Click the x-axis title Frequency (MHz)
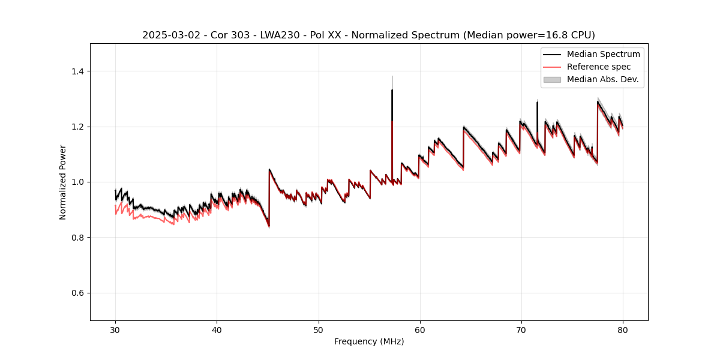pyautogui.click(x=369, y=341)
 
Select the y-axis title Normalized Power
pyautogui.click(x=62, y=182)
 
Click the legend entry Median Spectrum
pyautogui.click(x=603, y=54)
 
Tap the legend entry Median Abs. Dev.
pyautogui.click(x=602, y=79)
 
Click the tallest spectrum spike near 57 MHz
pyautogui.click(x=392, y=91)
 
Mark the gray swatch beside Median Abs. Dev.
pyautogui.click(x=552, y=79)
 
